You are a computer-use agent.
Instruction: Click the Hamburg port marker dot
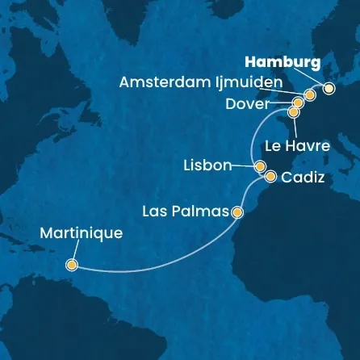coord(328,89)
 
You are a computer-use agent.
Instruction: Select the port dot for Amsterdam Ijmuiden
coord(309,95)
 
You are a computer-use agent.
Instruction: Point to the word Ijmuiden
coord(251,82)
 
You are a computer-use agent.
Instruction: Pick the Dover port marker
coord(298,103)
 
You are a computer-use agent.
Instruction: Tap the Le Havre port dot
coord(293,112)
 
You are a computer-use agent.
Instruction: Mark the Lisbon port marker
coord(261,166)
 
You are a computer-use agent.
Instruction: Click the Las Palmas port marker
coord(237,213)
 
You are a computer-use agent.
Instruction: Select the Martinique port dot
coord(72,264)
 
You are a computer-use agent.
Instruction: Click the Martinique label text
coord(80,234)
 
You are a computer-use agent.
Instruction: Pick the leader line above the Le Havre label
coord(294,127)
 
